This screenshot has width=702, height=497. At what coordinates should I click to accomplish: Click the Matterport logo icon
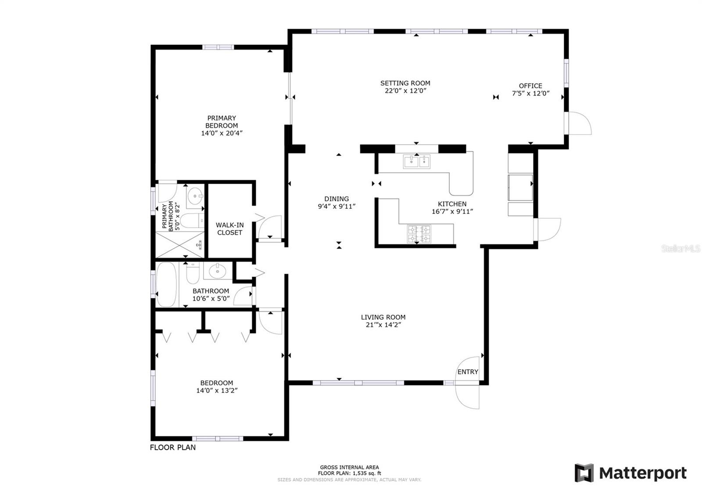[x=584, y=473]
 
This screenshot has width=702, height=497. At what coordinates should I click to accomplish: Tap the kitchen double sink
[x=416, y=162]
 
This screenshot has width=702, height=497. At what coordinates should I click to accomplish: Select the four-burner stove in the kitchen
[x=419, y=234]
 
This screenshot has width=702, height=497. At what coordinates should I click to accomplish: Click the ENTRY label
[x=468, y=372]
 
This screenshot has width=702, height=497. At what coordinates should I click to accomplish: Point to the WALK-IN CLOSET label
[x=230, y=229]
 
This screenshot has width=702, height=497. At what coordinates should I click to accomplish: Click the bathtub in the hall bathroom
[x=166, y=284]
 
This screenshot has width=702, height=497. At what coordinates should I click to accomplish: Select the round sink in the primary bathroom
[x=196, y=196]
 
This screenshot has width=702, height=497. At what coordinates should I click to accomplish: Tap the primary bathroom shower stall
[x=180, y=245]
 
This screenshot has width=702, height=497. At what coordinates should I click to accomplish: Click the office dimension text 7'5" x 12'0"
[x=530, y=94]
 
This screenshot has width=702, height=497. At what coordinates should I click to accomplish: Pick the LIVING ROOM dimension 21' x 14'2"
[x=383, y=325]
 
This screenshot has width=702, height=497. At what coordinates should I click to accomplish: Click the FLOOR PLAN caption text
[x=173, y=447]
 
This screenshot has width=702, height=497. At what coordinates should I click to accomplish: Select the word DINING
[x=337, y=199]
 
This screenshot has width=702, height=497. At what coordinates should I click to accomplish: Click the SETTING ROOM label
[x=405, y=83]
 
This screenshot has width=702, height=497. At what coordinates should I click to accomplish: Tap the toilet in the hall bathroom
[x=193, y=272]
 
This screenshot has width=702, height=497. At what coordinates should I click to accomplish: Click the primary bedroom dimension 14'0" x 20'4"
[x=222, y=133]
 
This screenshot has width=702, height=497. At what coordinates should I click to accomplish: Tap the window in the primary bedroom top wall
[x=218, y=47]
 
